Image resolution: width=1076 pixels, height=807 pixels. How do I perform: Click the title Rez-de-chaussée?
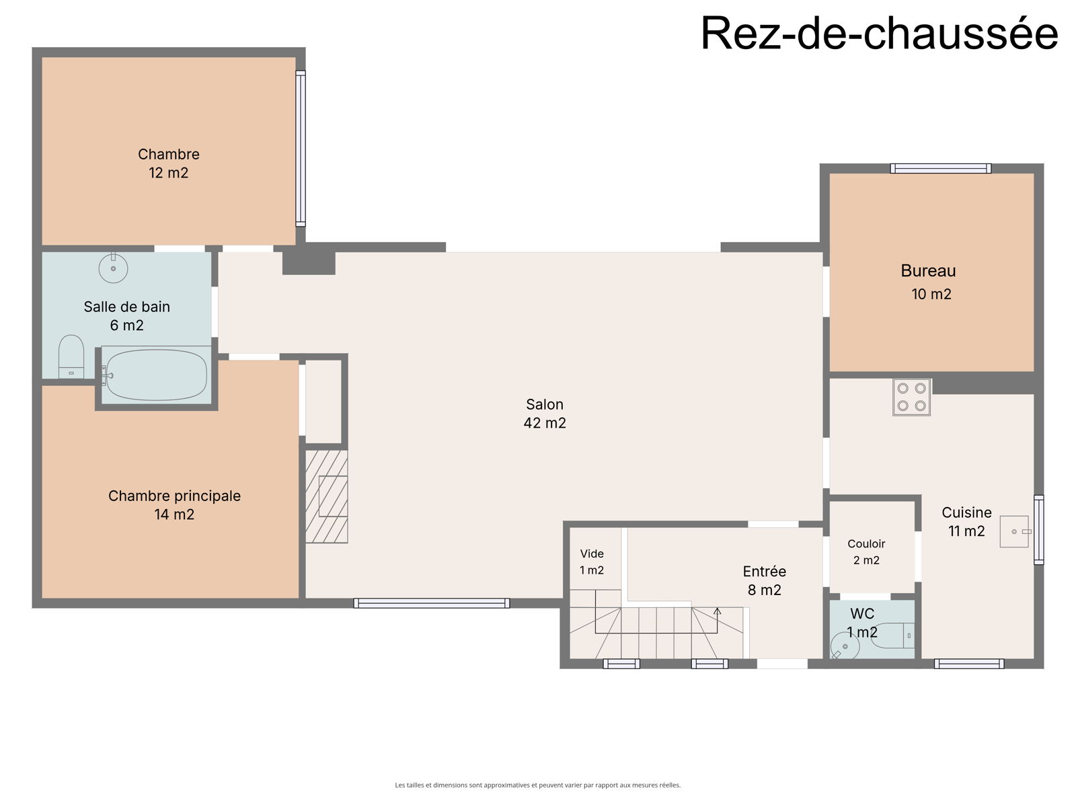click(879, 34)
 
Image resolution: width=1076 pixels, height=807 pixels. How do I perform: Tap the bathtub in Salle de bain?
click(157, 375)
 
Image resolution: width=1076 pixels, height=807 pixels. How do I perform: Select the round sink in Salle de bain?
click(113, 268)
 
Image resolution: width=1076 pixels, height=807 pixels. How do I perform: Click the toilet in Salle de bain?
click(71, 356)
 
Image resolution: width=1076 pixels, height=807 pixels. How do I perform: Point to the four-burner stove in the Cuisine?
click(911, 397)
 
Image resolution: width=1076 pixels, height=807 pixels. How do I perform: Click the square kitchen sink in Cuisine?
click(1014, 531)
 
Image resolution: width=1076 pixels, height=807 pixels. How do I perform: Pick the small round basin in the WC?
click(845, 646)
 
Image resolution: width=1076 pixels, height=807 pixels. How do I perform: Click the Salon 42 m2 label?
click(545, 414)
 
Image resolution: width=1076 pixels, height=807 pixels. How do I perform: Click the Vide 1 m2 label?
click(592, 562)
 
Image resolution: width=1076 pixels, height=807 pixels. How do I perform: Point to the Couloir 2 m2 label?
click(866, 551)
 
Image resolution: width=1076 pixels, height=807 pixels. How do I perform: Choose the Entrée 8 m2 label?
click(764, 580)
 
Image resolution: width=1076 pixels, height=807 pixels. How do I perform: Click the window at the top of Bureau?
click(941, 169)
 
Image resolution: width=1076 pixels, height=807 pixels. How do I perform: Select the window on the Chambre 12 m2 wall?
click(301, 149)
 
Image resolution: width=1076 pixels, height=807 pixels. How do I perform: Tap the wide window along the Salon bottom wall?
click(431, 603)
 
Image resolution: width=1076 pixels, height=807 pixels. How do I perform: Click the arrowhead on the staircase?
click(717, 611)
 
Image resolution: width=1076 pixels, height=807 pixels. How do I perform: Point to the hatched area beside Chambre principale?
click(326, 496)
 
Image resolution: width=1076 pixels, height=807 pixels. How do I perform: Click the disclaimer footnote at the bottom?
click(538, 784)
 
